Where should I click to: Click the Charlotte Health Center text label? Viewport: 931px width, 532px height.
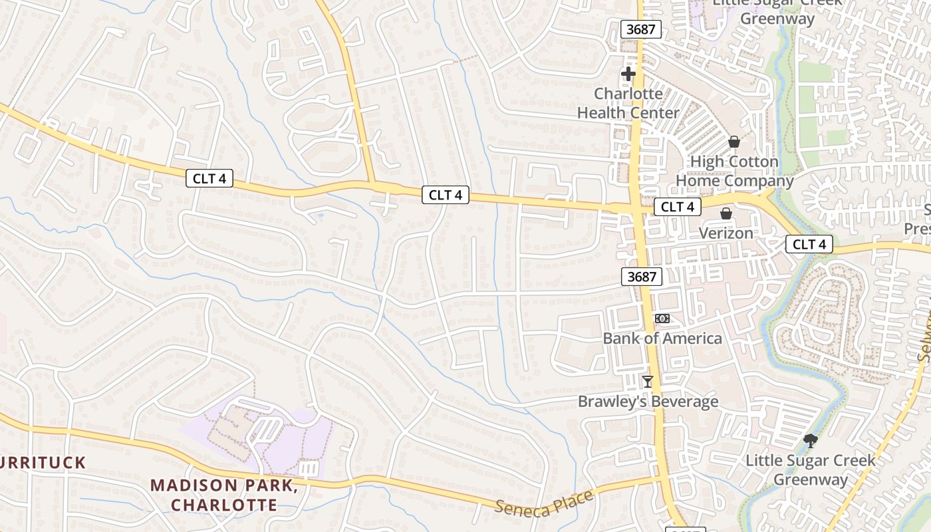pos(628,103)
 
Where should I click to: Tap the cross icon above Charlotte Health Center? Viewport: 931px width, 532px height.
pos(628,74)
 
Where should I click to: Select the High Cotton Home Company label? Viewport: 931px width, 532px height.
pos(734,171)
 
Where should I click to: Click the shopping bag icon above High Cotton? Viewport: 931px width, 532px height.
pos(734,142)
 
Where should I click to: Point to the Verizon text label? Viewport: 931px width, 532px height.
pos(726,233)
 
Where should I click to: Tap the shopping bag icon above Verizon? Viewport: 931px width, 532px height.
pos(726,213)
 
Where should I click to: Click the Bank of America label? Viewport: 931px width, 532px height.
pos(662,338)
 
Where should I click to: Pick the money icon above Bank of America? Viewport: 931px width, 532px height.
pos(662,319)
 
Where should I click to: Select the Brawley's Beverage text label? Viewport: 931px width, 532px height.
pos(648,402)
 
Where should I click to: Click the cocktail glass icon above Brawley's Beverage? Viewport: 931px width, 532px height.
pos(647,382)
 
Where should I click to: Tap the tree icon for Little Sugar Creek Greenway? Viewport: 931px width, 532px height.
pos(810,440)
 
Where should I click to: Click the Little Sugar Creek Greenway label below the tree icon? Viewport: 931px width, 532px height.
pos(810,469)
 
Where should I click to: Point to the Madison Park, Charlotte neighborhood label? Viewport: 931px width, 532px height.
pos(223,495)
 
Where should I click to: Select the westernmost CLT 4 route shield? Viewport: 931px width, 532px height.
pos(209,178)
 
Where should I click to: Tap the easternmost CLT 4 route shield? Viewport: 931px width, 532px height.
pos(809,245)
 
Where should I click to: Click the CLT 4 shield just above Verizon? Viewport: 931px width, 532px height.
pos(678,207)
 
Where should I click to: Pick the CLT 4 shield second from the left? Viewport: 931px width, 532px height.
pos(446,195)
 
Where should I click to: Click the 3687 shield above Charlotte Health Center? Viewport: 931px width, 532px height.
pos(641,29)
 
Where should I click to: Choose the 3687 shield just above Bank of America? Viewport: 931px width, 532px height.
pos(642,277)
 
